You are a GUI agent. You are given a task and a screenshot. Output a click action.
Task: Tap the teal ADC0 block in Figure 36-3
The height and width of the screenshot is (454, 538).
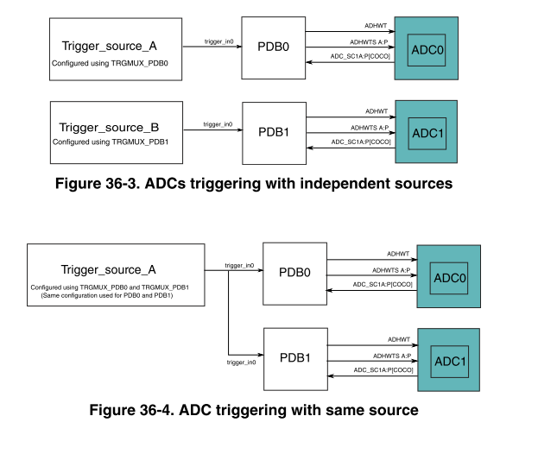[427, 49]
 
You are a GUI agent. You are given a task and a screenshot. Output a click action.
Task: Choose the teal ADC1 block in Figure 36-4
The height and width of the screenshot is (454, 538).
[448, 360]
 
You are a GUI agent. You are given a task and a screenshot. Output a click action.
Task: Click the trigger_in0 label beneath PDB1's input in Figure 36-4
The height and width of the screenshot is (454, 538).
[241, 363]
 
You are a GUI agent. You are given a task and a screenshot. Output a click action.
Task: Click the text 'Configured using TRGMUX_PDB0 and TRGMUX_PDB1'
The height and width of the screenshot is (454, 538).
[116, 286]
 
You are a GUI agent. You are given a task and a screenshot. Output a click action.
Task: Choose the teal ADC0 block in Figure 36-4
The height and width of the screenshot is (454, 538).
[449, 277]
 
